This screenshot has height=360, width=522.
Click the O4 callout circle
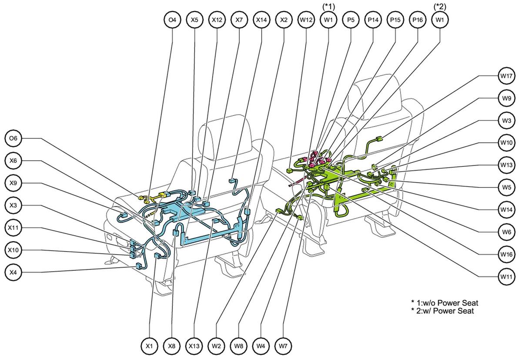172,20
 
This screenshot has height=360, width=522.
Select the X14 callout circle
261,20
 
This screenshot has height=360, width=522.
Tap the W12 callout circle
306,20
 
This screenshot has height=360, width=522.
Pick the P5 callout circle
351,20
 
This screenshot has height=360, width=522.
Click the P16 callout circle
418,20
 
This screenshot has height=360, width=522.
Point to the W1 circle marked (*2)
440,20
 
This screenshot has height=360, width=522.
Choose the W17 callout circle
506,76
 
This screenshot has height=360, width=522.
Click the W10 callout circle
506,142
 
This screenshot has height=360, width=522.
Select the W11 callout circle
506,276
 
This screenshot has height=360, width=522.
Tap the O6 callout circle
13,138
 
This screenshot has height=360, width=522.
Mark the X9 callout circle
13,183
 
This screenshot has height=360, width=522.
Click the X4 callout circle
13,273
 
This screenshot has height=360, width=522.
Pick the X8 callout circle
172,346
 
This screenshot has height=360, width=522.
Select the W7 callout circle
283,346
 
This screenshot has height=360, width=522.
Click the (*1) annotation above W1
328,7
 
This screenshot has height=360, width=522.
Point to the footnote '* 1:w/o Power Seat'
445,303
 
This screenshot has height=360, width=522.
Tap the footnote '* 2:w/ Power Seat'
442,311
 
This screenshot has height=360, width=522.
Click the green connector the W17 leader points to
379,139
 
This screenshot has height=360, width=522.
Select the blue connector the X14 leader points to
232,181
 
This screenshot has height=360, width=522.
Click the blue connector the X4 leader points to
138,266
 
